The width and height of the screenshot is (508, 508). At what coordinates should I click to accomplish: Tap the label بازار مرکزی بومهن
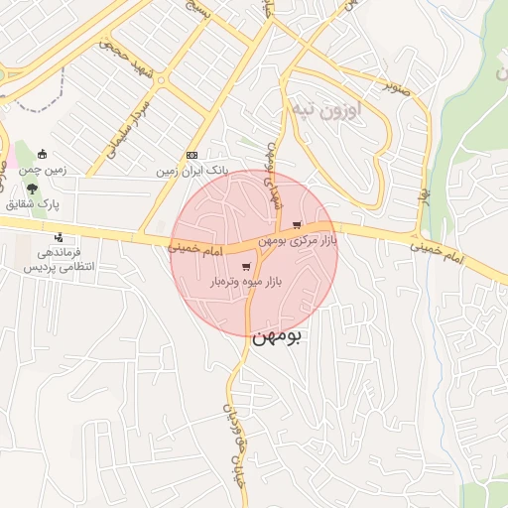coord(298,241)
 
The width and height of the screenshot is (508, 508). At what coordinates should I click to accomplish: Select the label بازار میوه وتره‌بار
coord(246,283)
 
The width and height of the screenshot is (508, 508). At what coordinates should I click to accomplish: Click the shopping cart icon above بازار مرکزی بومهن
coord(297,225)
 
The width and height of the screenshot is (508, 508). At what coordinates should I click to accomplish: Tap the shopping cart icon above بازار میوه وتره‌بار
coord(246,267)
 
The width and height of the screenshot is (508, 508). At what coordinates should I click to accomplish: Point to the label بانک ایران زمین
coord(191,171)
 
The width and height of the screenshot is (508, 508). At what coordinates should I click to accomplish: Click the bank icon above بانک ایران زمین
coord(191,155)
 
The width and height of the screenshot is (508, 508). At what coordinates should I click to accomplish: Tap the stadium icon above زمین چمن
coord(42,154)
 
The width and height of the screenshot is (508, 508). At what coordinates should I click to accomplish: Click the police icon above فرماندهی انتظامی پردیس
coord(60,237)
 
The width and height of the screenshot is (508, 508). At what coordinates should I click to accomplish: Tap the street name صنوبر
coord(399,88)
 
